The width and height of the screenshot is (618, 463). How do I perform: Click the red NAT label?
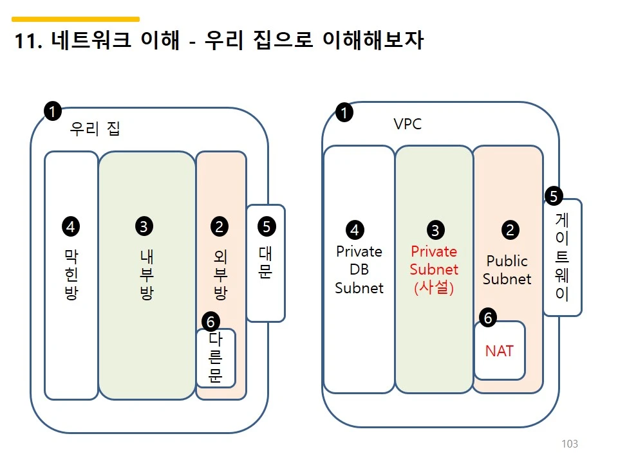500,351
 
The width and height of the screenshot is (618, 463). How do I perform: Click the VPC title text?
407,123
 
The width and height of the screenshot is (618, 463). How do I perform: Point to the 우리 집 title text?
95,129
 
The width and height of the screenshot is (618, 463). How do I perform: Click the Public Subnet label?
507,270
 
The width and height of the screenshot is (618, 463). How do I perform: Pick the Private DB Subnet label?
359,269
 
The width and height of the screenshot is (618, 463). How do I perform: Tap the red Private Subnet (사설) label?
434,269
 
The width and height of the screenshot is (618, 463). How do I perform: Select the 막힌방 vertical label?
71,275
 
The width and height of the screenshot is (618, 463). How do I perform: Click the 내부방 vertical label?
146,275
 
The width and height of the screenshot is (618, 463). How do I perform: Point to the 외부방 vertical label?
220,275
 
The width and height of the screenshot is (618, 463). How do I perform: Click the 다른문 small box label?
216,358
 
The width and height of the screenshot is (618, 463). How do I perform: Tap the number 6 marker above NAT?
488,318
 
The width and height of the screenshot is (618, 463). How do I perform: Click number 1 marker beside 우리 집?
52,111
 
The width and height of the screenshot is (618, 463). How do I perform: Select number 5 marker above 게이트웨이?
553,195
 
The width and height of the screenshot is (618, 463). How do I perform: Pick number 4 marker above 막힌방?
71,226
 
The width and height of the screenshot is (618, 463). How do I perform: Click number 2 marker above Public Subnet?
510,230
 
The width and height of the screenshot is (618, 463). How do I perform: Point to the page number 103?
570,444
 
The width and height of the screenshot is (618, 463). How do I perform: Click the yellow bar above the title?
76,19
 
